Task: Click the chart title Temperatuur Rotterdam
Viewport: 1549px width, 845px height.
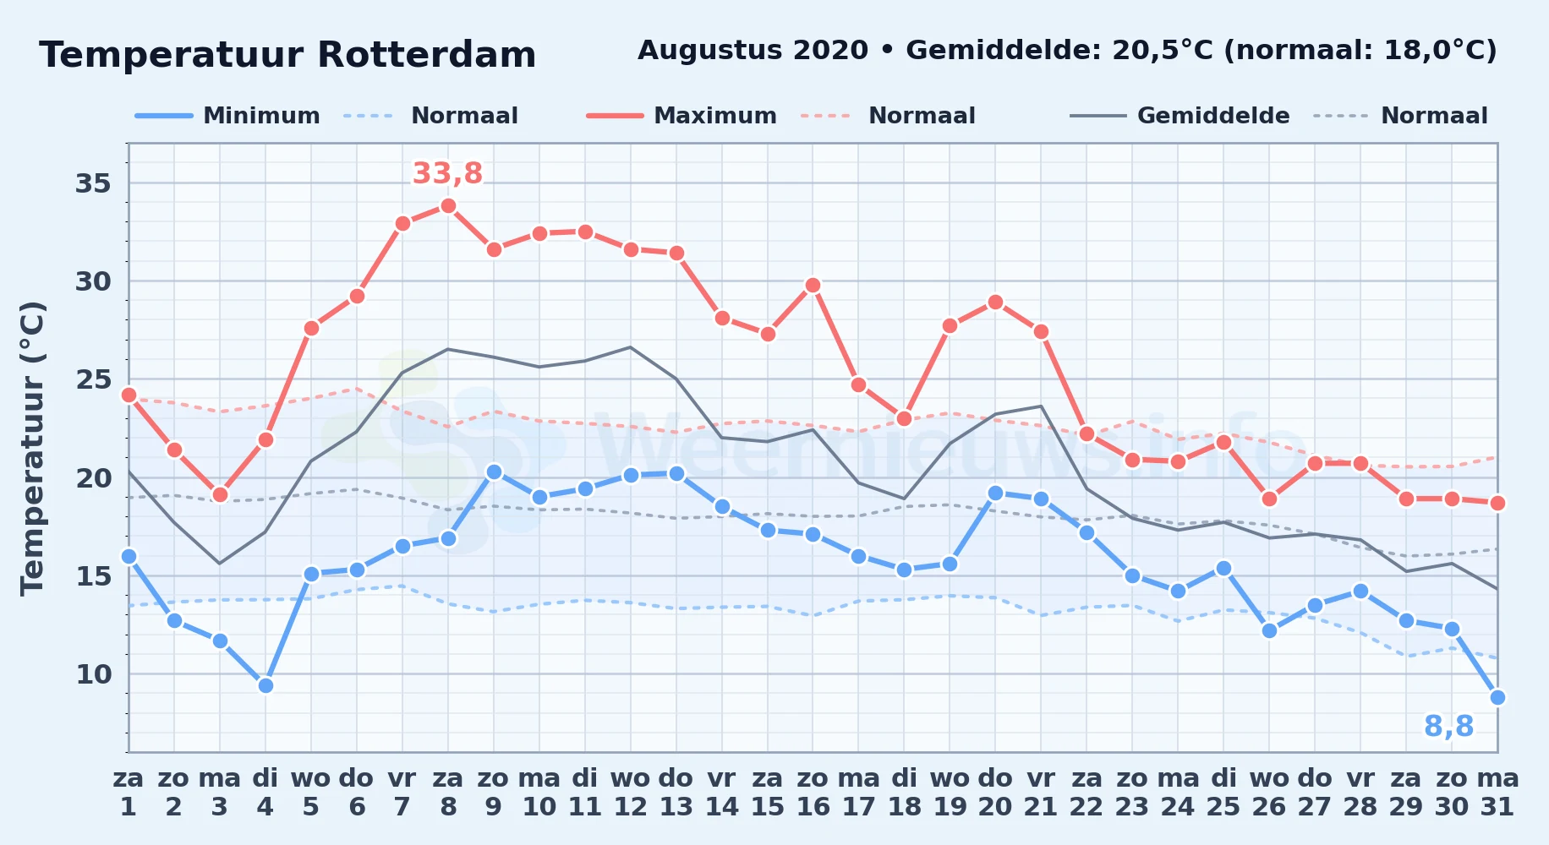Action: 287,55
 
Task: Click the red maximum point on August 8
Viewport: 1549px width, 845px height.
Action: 448,205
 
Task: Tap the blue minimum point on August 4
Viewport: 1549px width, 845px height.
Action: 265,685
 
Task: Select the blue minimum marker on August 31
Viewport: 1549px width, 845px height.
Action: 1497,697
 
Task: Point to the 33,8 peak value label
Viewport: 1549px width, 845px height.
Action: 447,173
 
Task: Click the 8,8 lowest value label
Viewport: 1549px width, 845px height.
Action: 1448,726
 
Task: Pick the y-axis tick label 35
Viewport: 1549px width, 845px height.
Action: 93,183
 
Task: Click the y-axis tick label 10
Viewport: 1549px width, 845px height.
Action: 93,673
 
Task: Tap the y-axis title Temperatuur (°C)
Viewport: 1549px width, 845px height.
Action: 32,448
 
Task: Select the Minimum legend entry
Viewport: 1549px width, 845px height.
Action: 228,116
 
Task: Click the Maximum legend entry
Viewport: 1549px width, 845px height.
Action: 681,116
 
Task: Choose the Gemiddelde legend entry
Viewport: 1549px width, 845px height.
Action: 1180,116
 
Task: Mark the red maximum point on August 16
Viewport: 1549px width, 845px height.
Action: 813,285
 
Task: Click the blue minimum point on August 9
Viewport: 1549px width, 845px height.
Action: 494,472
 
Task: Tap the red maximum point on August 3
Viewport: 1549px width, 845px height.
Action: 220,494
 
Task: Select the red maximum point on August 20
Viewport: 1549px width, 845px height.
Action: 995,302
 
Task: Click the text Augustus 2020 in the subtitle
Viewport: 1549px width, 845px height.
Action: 753,51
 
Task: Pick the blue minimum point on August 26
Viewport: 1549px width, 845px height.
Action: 1269,630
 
